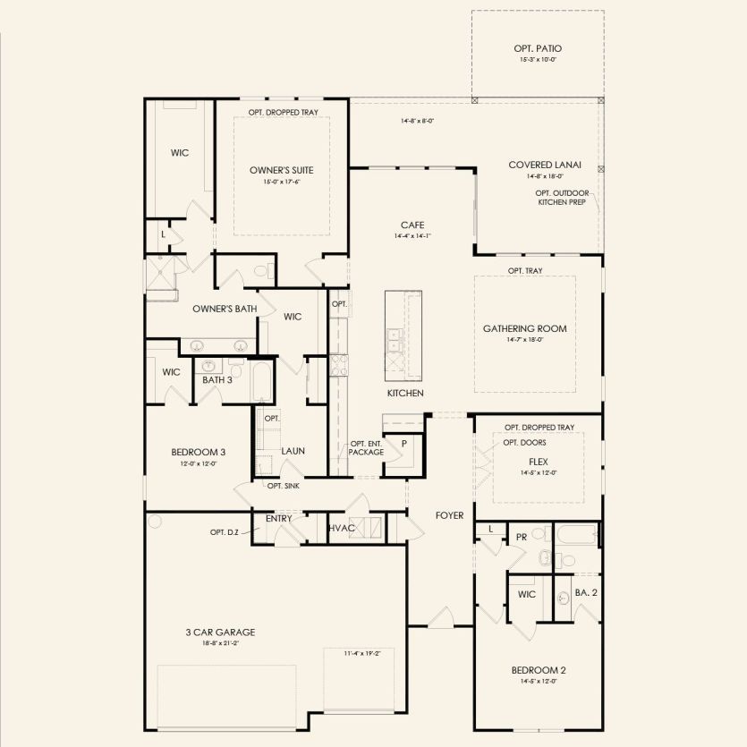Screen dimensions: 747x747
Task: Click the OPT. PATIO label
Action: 539,48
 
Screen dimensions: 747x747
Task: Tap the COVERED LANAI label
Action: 545,165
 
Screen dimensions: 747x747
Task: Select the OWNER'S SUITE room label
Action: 281,170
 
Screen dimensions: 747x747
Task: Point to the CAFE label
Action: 412,225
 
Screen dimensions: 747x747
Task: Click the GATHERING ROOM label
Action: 525,328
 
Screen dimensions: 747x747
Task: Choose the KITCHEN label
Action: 405,393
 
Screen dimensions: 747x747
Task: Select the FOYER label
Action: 448,515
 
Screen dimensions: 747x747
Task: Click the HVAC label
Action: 343,529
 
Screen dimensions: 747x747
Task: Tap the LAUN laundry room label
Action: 293,451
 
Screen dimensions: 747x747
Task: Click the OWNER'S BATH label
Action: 225,309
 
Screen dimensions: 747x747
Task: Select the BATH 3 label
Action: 216,380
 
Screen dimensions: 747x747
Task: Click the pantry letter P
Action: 404,444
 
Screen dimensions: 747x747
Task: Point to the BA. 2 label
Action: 585,592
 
